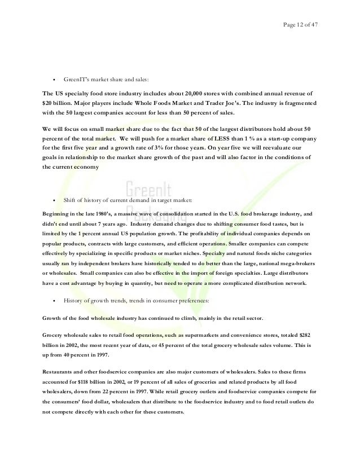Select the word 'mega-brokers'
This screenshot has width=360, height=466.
coord(297,263)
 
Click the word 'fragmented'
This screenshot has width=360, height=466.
coord(298,105)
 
